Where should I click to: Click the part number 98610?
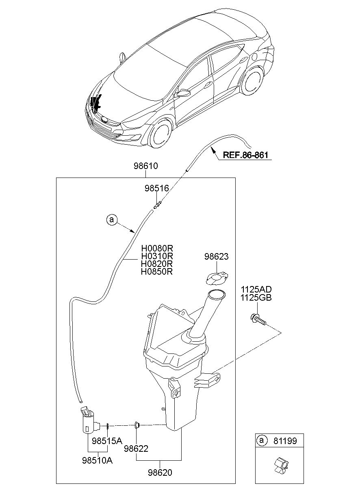click(146, 166)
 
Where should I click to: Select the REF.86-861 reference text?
click(246, 155)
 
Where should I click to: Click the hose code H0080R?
click(157, 248)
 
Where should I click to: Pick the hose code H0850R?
click(157, 271)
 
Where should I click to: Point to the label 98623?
click(216, 257)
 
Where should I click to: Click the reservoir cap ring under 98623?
click(215, 278)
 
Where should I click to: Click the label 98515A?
click(107, 441)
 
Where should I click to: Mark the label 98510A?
click(98, 460)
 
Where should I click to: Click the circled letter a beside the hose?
click(111, 220)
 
